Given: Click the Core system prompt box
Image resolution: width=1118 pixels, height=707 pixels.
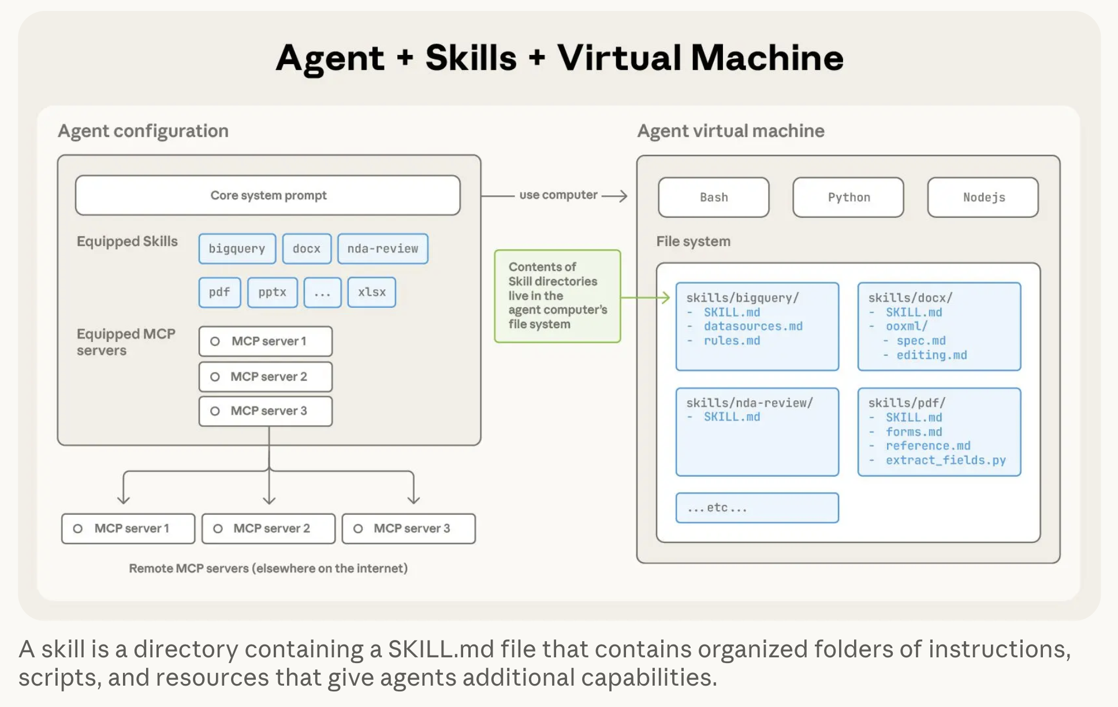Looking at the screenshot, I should tap(268, 196).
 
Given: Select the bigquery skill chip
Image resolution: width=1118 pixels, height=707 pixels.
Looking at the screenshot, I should tap(237, 249).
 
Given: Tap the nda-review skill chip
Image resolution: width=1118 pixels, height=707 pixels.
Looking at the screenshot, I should tap(382, 249).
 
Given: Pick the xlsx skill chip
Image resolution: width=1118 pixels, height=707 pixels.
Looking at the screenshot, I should tap(371, 292).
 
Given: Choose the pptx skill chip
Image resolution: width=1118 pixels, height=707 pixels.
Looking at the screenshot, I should tap(272, 292).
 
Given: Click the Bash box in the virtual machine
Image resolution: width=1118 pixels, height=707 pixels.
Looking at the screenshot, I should tap(714, 198).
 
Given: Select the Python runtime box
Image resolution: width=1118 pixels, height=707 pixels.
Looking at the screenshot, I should tap(848, 198).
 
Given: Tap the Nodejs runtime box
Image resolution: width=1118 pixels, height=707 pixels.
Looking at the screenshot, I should tap(983, 198).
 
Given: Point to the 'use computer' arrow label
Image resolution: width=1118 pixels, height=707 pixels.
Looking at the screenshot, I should tap(558, 195).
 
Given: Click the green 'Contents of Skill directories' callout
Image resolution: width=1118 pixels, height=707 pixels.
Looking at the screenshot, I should tap(557, 296).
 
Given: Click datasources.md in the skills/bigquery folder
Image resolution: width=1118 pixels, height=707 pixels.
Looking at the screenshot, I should tap(753, 326).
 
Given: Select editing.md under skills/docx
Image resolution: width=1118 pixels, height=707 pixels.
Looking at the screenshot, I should tap(931, 355).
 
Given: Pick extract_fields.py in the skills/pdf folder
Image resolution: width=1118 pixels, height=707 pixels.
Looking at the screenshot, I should tap(945, 460).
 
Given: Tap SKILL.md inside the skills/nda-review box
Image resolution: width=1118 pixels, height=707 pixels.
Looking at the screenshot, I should tap(732, 417).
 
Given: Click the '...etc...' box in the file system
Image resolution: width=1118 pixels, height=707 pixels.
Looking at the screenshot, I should tap(757, 508).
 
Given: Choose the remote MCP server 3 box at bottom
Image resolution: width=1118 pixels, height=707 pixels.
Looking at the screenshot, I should tap(409, 529).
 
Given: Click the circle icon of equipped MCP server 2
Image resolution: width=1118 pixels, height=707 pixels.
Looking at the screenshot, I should tap(215, 377).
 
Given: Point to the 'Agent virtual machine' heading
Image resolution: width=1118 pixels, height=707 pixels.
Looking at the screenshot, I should tap(731, 131).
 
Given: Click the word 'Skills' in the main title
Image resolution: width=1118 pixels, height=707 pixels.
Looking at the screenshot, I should tap(471, 58).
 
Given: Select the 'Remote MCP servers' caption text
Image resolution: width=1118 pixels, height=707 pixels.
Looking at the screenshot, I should tap(268, 568).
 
